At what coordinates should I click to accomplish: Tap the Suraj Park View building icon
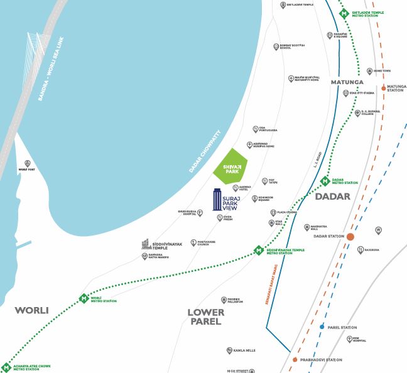point(217,200)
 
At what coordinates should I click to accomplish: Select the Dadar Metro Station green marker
point(325,181)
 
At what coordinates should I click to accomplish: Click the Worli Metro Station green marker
point(84,298)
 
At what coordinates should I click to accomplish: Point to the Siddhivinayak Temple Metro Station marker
point(258,251)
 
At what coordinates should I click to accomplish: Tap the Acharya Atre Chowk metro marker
point(6,367)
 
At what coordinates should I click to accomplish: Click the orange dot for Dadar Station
point(350,237)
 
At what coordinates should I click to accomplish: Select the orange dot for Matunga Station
point(383,89)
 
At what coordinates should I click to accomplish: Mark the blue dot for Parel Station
point(322,327)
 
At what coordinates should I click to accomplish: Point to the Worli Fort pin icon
point(26,163)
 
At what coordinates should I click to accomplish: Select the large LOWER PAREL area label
point(205,316)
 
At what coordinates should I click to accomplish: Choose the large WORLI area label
point(31,310)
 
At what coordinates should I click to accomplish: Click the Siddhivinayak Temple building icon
point(145,244)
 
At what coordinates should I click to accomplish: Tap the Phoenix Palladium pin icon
point(224,300)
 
